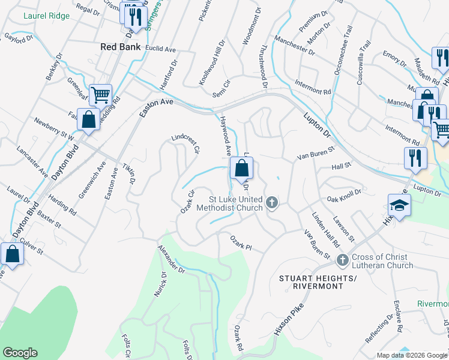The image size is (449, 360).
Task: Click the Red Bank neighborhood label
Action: (x=121, y=47)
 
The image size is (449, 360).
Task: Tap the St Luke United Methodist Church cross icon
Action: (x=272, y=203)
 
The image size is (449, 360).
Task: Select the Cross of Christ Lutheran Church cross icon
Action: (x=343, y=260)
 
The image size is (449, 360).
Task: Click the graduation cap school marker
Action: (x=399, y=204)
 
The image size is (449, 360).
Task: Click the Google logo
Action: (x=20, y=353)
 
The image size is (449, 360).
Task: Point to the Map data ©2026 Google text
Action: (x=412, y=355)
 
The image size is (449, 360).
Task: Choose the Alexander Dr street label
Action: (x=172, y=259)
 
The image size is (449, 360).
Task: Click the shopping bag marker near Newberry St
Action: (x=88, y=119)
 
